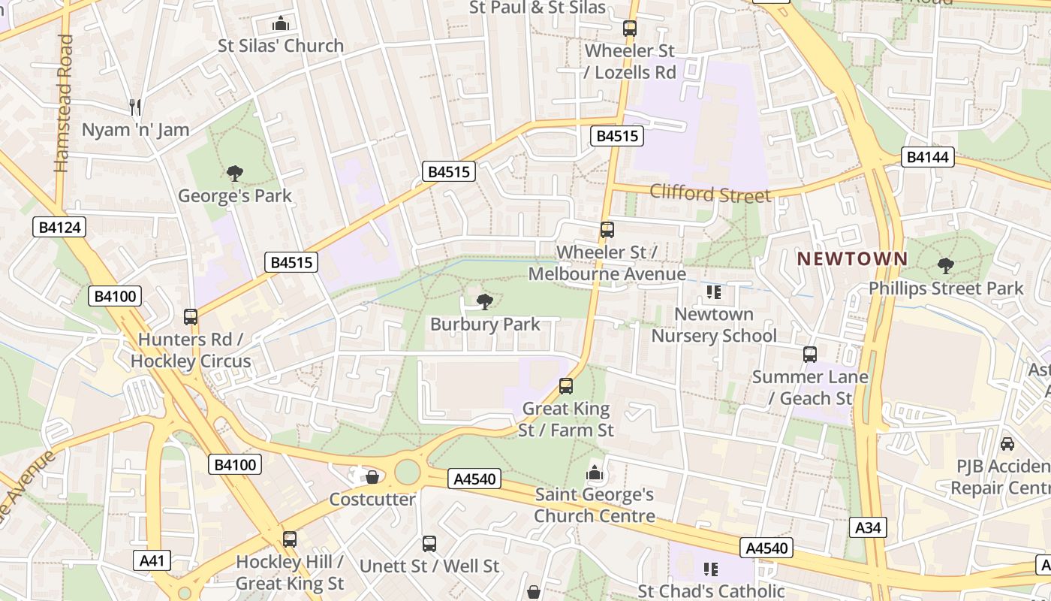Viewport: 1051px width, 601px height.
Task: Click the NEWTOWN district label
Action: pyautogui.click(x=852, y=258)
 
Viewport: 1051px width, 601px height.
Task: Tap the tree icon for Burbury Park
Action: pyautogui.click(x=485, y=302)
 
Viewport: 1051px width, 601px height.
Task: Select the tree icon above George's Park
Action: pyautogui.click(x=235, y=174)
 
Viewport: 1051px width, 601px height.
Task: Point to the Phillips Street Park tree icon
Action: pyautogui.click(x=946, y=265)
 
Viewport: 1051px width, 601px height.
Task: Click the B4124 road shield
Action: pyautogui.click(x=59, y=227)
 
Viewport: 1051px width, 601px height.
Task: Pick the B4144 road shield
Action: pyautogui.click(x=928, y=157)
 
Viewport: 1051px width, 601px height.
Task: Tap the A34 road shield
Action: pyautogui.click(x=868, y=527)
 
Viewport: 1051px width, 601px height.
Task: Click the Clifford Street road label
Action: pyautogui.click(x=710, y=193)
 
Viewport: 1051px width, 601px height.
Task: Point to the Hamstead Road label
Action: pyautogui.click(x=64, y=103)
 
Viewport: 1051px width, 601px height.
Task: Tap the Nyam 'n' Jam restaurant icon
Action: pyautogui.click(x=135, y=107)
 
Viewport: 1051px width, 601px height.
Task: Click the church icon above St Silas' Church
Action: pyautogui.click(x=281, y=23)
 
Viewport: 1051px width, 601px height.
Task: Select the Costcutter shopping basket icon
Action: pyautogui.click(x=372, y=477)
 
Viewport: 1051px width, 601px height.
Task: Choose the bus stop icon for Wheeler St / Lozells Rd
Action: pyautogui.click(x=630, y=29)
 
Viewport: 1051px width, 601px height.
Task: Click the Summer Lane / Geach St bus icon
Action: pyautogui.click(x=810, y=354)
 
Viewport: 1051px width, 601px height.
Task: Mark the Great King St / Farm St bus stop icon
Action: pyautogui.click(x=566, y=386)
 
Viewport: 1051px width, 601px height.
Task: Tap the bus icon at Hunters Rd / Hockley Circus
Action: pyautogui.click(x=191, y=317)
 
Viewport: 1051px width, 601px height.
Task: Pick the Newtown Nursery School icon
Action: pyautogui.click(x=713, y=291)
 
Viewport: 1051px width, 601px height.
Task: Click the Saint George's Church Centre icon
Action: pyautogui.click(x=595, y=473)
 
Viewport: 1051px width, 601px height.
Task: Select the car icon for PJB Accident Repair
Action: pyautogui.click(x=1007, y=444)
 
